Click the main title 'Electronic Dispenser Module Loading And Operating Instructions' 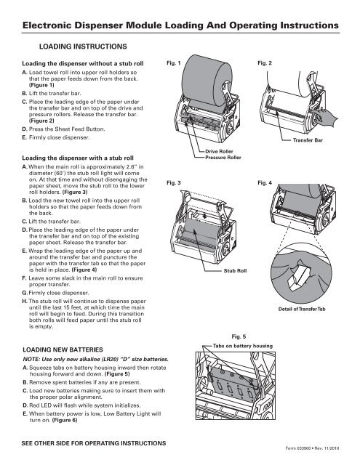click(180, 27)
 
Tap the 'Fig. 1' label click(173, 64)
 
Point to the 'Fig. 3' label click(173, 183)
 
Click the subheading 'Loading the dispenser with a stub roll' click(75, 156)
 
